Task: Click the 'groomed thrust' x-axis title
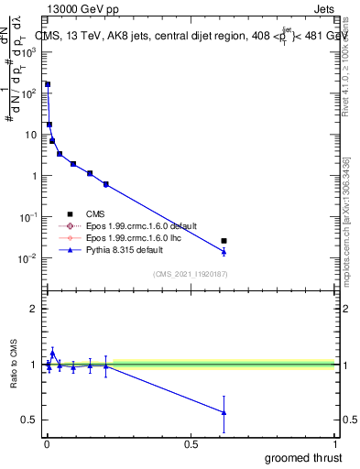pyautogui.click(x=305, y=457)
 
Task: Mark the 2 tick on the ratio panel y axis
pyautogui.click(x=34, y=309)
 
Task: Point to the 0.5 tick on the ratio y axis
pyautogui.click(x=30, y=420)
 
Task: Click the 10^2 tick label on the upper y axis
pyautogui.click(x=29, y=93)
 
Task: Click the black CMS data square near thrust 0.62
pyautogui.click(x=224, y=241)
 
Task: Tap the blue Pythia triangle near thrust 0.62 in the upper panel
pyautogui.click(x=224, y=251)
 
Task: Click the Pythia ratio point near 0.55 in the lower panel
pyautogui.click(x=224, y=412)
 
